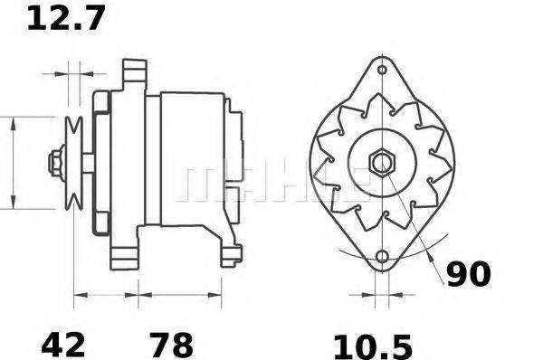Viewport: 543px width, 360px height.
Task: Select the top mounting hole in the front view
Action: point(382,70)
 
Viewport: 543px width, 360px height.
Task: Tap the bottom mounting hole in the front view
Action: point(382,258)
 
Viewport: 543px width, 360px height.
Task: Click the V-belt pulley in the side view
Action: point(74,163)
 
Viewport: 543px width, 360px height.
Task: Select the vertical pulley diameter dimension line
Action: point(14,163)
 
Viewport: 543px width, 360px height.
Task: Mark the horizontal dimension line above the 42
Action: point(105,294)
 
